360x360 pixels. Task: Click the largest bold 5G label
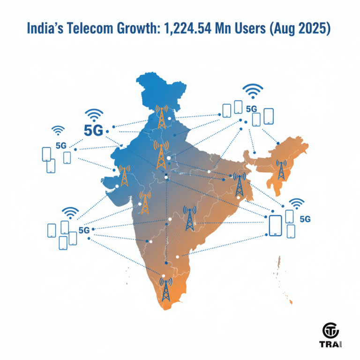tap(93, 130)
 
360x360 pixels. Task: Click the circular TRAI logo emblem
tap(332, 330)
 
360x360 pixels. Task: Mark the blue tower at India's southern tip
tap(165, 289)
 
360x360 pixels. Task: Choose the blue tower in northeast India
tap(282, 170)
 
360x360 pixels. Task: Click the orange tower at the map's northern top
tap(162, 116)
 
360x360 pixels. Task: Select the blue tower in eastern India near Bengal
tap(240, 184)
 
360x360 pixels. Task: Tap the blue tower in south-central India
tap(189, 218)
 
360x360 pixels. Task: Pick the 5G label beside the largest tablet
tap(305, 218)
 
